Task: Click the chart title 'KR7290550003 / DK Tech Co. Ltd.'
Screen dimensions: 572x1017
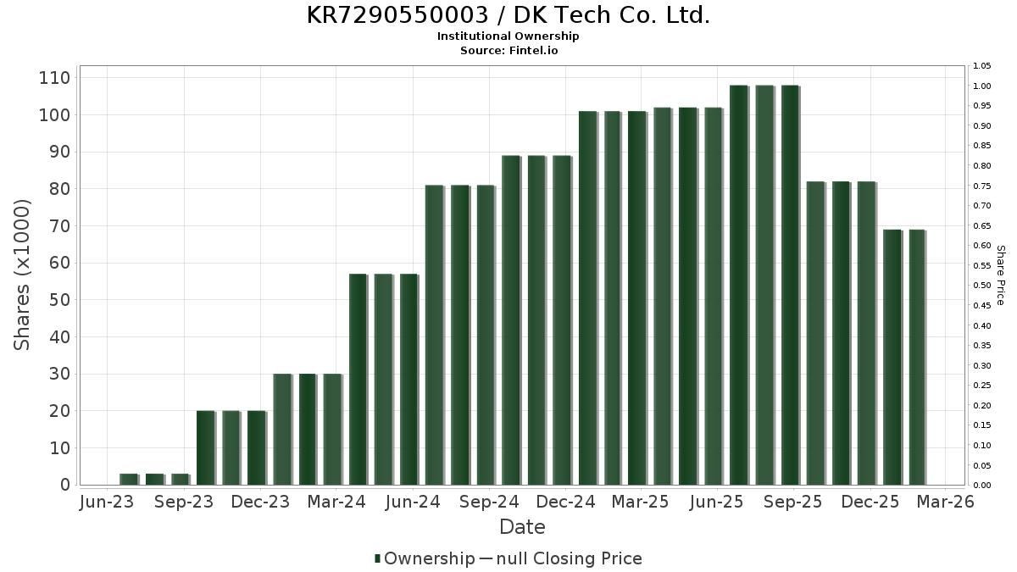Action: pyautogui.click(x=508, y=15)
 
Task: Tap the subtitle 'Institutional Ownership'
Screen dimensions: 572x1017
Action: pyautogui.click(x=508, y=36)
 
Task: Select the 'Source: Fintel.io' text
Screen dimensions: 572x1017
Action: pyautogui.click(x=508, y=50)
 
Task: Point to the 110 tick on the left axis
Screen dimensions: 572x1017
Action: pyautogui.click(x=54, y=78)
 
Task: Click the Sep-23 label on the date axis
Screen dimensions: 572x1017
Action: pyautogui.click(x=184, y=502)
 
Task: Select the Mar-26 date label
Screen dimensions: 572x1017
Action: pyautogui.click(x=946, y=502)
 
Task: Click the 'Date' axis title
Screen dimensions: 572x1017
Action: pyautogui.click(x=522, y=527)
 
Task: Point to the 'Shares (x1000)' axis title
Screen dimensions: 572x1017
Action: pyautogui.click(x=23, y=275)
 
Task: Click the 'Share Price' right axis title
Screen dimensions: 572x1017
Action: pyautogui.click(x=1000, y=275)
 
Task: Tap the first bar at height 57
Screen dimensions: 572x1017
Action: pyautogui.click(x=358, y=379)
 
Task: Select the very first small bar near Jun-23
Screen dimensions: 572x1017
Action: pyautogui.click(x=128, y=479)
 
